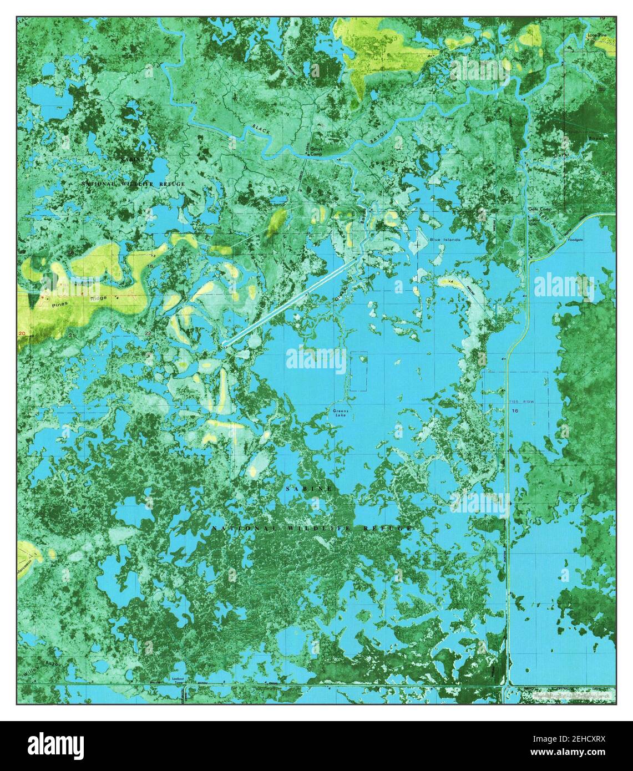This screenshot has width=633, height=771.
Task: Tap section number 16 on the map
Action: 515,410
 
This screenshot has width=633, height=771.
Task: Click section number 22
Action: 148,333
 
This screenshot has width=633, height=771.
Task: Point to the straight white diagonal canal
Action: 291,301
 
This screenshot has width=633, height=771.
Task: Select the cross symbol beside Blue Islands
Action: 417,244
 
